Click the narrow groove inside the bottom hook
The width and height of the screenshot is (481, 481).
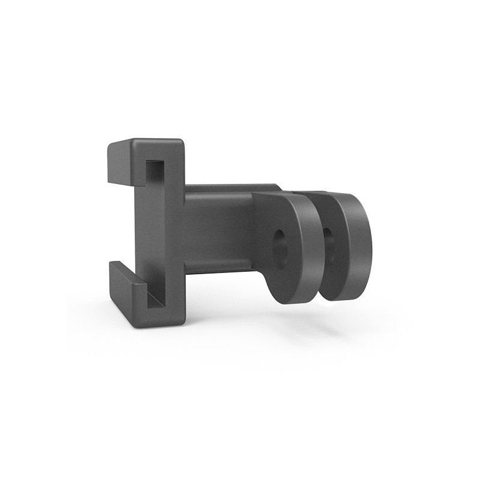click(153, 298)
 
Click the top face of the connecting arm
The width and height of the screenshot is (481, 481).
click(228, 188)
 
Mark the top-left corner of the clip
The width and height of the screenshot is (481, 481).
click(109, 145)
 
